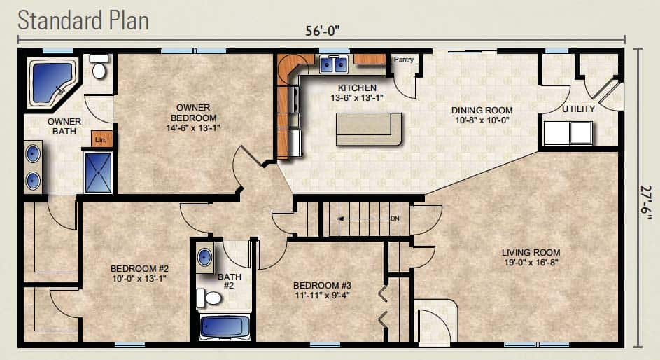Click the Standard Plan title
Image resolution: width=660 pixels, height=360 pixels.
click(83, 20)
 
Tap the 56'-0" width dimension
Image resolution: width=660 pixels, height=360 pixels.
click(323, 31)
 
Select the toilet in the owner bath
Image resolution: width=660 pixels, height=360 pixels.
click(99, 67)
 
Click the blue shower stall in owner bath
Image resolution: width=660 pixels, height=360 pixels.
click(99, 172)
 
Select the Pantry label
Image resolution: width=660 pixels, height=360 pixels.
click(404, 60)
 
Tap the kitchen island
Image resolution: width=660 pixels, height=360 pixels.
click(369, 130)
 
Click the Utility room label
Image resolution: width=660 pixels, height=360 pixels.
click(579, 109)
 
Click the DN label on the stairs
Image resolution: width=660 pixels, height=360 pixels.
click(395, 219)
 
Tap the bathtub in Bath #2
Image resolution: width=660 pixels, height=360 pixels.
click(225, 327)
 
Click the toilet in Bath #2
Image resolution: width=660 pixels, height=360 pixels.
click(209, 298)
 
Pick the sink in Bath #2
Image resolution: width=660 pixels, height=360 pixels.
click(205, 257)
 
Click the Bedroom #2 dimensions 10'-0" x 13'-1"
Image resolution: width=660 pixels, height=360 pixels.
click(139, 278)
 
